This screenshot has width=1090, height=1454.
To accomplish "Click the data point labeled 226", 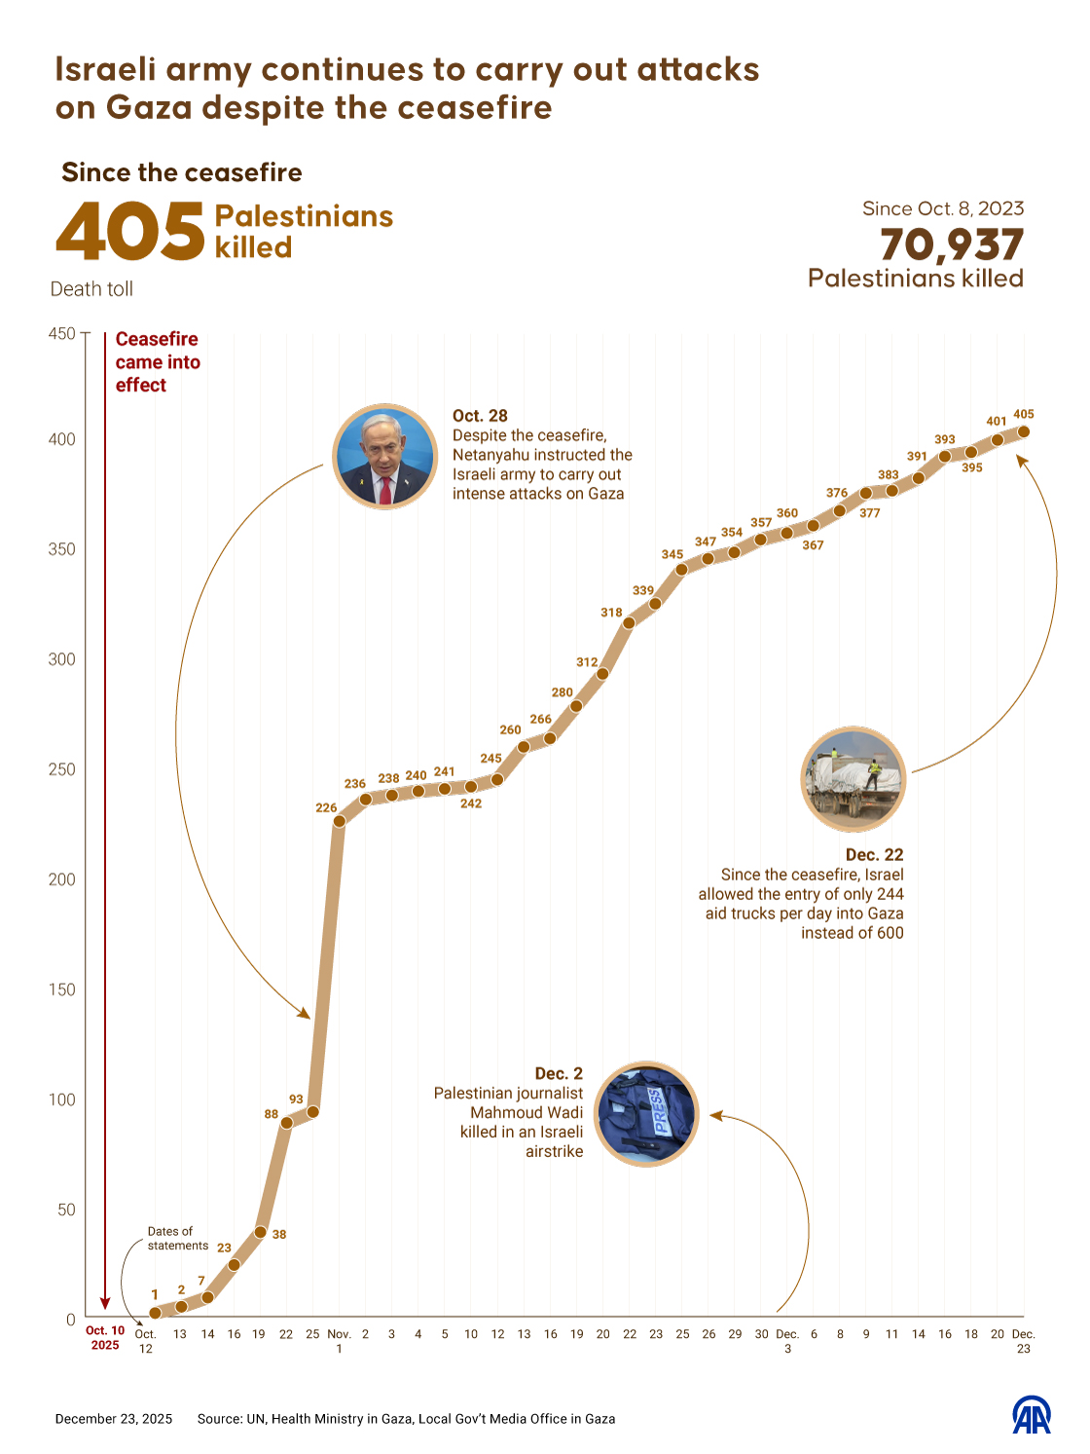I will point(340,821).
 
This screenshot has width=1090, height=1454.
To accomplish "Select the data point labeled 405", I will point(1024,431).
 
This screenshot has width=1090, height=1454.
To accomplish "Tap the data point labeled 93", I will point(312,1111).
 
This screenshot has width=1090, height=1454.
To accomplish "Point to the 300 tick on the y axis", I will point(62,659).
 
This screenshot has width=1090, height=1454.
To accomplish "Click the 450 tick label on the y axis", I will point(62,333).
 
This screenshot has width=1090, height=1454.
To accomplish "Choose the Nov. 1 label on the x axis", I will point(339,1341).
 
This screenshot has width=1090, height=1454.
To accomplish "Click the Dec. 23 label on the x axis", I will point(1023,1341).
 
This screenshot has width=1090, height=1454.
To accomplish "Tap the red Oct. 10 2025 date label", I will point(105,1337).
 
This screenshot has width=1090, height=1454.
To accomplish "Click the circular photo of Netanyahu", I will point(384,456).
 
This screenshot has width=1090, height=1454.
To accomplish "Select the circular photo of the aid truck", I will point(854,778).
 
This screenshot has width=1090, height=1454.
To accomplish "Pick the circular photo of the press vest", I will point(646,1113).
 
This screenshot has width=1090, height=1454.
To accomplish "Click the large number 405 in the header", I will point(130,233).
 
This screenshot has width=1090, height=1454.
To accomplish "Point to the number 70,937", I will point(952,244).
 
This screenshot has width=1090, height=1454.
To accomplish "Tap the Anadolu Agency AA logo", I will point(1032,1415).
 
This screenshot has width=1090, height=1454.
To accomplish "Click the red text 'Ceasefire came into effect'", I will point(158,362).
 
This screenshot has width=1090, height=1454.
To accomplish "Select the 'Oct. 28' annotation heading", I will point(480,416).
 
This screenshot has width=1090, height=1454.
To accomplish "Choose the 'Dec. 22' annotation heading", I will point(874,855).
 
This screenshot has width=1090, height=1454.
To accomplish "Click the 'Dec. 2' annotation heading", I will point(559,1073).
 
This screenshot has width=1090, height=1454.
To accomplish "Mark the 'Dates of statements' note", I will point(177,1238).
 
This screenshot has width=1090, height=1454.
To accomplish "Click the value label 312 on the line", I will point(587,662).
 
